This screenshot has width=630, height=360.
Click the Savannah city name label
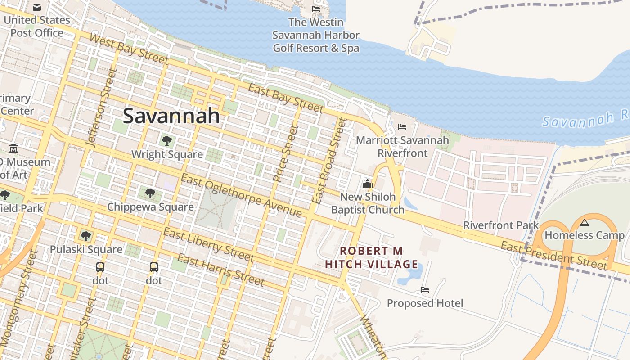[171, 116]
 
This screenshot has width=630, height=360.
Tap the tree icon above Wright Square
[167, 141]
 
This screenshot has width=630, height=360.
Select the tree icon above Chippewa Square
[150, 193]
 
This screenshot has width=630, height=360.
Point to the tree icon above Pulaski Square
[85, 236]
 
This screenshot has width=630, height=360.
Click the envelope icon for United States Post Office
[37, 7]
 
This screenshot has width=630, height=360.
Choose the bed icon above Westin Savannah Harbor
[316, 9]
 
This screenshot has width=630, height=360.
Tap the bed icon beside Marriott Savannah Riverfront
[402, 127]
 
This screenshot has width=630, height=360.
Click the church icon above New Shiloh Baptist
[368, 184]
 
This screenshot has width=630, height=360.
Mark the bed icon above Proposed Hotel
[424, 290]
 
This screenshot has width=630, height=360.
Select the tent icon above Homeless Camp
[585, 222]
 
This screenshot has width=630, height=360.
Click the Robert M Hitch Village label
[371, 257]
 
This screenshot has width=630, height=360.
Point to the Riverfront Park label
[501, 225]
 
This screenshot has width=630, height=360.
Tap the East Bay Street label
[286, 98]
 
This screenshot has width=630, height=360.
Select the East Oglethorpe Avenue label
[241, 195]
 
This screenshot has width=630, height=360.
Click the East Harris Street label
[220, 270]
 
